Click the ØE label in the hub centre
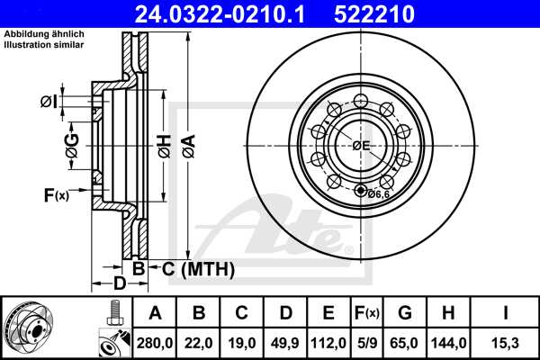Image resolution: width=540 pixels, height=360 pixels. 362,145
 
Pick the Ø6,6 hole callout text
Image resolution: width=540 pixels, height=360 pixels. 379,193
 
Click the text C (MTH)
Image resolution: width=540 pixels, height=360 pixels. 193,268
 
